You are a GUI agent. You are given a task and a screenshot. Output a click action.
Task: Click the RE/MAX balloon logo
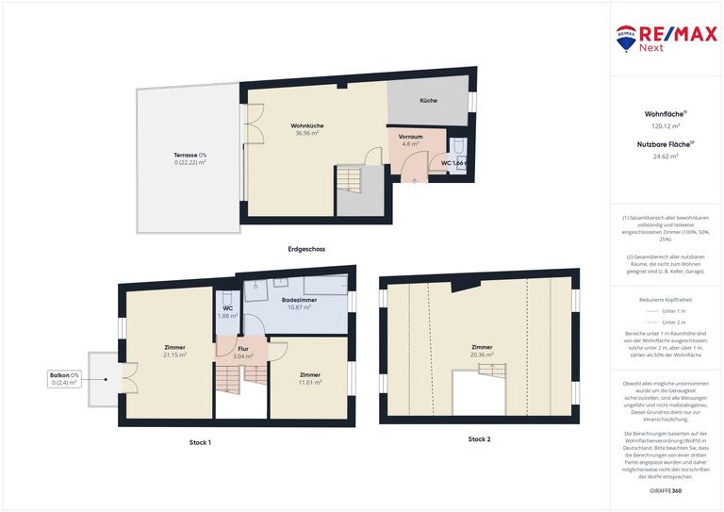click(x=626, y=38)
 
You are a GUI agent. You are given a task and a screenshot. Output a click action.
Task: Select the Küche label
click(x=429, y=100)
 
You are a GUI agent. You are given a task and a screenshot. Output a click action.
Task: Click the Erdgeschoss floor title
click(x=306, y=249)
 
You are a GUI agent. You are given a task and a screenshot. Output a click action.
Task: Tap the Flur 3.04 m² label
click(x=241, y=353)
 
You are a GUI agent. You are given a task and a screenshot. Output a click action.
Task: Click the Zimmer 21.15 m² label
click(x=173, y=351)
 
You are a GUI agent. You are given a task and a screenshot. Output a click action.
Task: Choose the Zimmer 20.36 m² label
click(x=482, y=351)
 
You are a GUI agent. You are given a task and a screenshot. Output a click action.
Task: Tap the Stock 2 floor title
click(x=479, y=439)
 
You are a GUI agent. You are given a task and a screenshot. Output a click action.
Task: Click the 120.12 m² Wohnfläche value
click(x=666, y=125)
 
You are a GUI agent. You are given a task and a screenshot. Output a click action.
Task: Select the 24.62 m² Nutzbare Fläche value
click(x=666, y=157)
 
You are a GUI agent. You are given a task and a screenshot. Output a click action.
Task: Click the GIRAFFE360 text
click(x=666, y=492)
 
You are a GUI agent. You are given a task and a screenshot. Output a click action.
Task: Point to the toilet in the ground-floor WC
click(x=457, y=147)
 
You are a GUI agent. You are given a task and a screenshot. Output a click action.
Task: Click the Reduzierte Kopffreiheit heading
click(x=666, y=298)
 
